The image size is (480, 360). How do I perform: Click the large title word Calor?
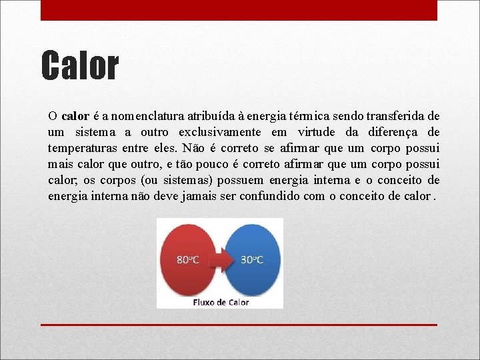[x=80, y=66]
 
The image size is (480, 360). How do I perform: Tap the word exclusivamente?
[x=219, y=132]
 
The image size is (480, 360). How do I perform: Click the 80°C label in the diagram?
[x=187, y=260]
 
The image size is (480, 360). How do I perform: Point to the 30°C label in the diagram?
[x=252, y=260]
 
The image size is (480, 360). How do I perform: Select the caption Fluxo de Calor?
[x=220, y=302]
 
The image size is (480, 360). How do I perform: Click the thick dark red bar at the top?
[x=239, y=10]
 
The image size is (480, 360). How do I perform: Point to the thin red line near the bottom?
[x=239, y=325]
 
